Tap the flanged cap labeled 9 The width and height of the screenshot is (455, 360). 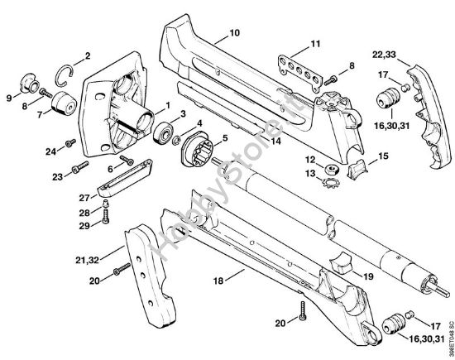tap(31, 85)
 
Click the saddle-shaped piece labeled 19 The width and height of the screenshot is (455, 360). tap(341, 266)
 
